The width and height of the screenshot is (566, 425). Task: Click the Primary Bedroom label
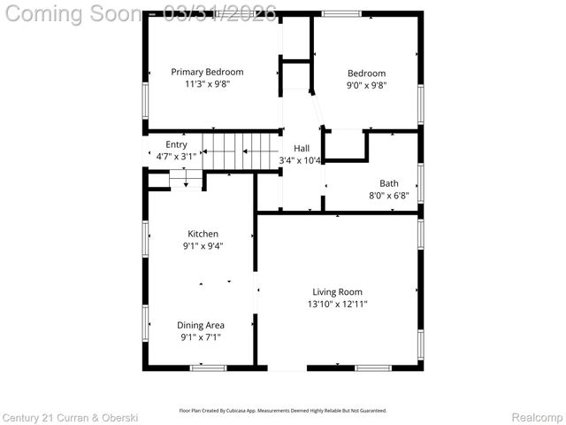point(207,72)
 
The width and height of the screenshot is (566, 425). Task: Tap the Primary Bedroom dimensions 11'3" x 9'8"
point(207,85)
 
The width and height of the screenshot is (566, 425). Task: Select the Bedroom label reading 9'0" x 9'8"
point(366,85)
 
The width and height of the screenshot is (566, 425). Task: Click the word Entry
point(176,144)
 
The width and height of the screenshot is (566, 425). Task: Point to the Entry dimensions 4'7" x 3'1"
point(176,156)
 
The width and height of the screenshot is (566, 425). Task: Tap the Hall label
point(302,148)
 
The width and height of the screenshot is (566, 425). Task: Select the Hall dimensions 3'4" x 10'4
point(301,160)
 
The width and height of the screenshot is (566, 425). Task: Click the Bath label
point(389,183)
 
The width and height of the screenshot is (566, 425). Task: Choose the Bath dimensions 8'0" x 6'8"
point(389,196)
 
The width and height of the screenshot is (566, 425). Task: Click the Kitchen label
point(203,234)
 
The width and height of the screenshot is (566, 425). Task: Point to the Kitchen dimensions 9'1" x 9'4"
point(203,246)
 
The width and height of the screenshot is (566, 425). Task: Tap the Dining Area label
point(202,325)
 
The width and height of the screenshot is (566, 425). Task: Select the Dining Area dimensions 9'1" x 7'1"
point(202,337)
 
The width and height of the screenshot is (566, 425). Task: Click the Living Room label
point(337,291)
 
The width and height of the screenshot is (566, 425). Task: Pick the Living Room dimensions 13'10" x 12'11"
point(337,304)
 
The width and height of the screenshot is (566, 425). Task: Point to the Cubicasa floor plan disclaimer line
point(283,411)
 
